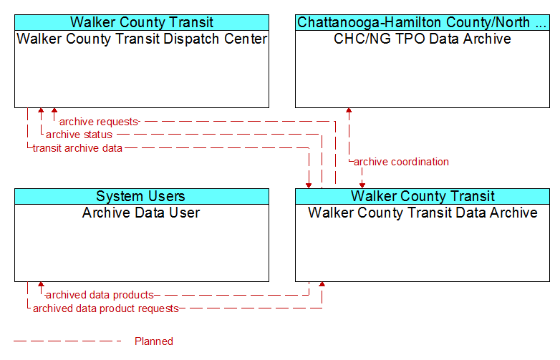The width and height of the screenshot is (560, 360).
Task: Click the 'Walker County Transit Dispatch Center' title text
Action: (142, 39)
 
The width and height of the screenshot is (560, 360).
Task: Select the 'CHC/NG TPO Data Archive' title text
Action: (422, 39)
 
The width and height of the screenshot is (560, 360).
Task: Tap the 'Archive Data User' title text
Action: (141, 213)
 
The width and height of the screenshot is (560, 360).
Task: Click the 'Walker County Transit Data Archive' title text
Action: (423, 213)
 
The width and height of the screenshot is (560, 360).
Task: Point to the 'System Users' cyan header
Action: (142, 196)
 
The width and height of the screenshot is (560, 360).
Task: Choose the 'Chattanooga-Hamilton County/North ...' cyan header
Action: (422, 22)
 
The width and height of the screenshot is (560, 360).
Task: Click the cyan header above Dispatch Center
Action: (142, 22)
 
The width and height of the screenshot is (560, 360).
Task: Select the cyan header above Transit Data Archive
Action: (422, 196)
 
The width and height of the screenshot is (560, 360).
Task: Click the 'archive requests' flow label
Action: (99, 122)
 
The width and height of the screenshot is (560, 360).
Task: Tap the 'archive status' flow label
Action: (79, 135)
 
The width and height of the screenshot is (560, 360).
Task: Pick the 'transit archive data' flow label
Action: (77, 148)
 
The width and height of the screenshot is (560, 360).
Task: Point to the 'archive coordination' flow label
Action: (401, 162)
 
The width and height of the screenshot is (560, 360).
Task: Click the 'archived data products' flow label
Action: (100, 295)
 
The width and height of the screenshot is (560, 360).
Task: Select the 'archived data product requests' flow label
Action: (106, 308)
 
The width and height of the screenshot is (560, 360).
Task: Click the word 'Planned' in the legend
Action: (153, 341)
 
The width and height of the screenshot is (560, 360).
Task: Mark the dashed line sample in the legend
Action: (67, 341)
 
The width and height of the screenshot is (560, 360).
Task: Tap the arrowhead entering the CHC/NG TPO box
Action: (349, 110)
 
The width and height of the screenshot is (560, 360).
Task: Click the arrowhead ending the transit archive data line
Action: (309, 185)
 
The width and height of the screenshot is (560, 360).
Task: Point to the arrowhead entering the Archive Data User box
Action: (41, 284)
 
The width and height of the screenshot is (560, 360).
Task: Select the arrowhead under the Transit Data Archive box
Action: (322, 284)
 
